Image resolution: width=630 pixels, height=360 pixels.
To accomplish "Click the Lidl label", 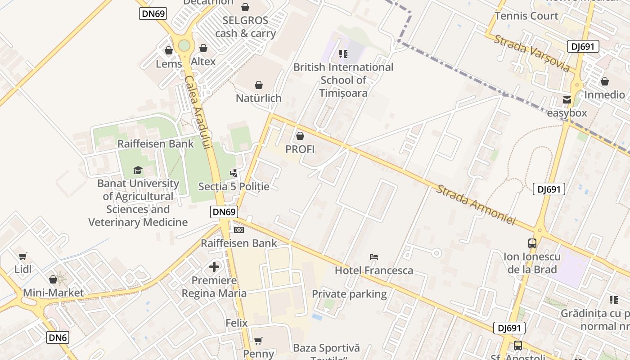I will (23, 269).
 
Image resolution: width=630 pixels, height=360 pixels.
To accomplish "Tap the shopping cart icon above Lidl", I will (23, 256).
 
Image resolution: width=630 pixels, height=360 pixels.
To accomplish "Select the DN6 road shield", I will (58, 337).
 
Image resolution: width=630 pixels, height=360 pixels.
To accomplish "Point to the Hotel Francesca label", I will (374, 270).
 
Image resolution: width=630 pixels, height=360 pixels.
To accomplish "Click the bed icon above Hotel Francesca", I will (374, 257).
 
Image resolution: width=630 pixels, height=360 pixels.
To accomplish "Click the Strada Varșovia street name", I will (532, 53).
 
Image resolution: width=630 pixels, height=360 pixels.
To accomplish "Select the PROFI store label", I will (300, 149).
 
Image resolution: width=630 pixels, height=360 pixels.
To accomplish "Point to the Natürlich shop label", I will (259, 98).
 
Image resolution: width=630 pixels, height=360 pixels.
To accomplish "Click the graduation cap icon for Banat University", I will (138, 170).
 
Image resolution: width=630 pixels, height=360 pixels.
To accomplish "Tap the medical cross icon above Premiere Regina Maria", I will (214, 267).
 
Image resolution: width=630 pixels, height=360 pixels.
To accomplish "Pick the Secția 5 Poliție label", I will (234, 186).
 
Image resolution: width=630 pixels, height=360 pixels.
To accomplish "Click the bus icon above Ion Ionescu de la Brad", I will (532, 243).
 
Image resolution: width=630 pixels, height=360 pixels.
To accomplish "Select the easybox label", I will (567, 112).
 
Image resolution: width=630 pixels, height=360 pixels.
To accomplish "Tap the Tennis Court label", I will (526, 16).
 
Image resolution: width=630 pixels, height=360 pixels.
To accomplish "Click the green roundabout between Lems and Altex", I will (184, 45).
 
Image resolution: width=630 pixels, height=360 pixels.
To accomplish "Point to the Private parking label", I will (349, 294).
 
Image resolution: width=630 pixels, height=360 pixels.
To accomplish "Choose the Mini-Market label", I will (53, 293).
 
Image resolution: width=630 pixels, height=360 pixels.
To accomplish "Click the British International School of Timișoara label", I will (343, 80).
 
